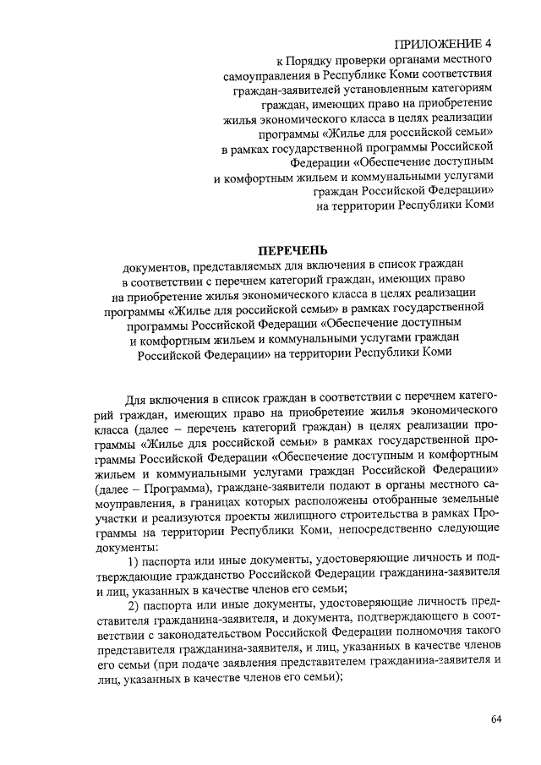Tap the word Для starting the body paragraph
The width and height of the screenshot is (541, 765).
coord(138,397)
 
